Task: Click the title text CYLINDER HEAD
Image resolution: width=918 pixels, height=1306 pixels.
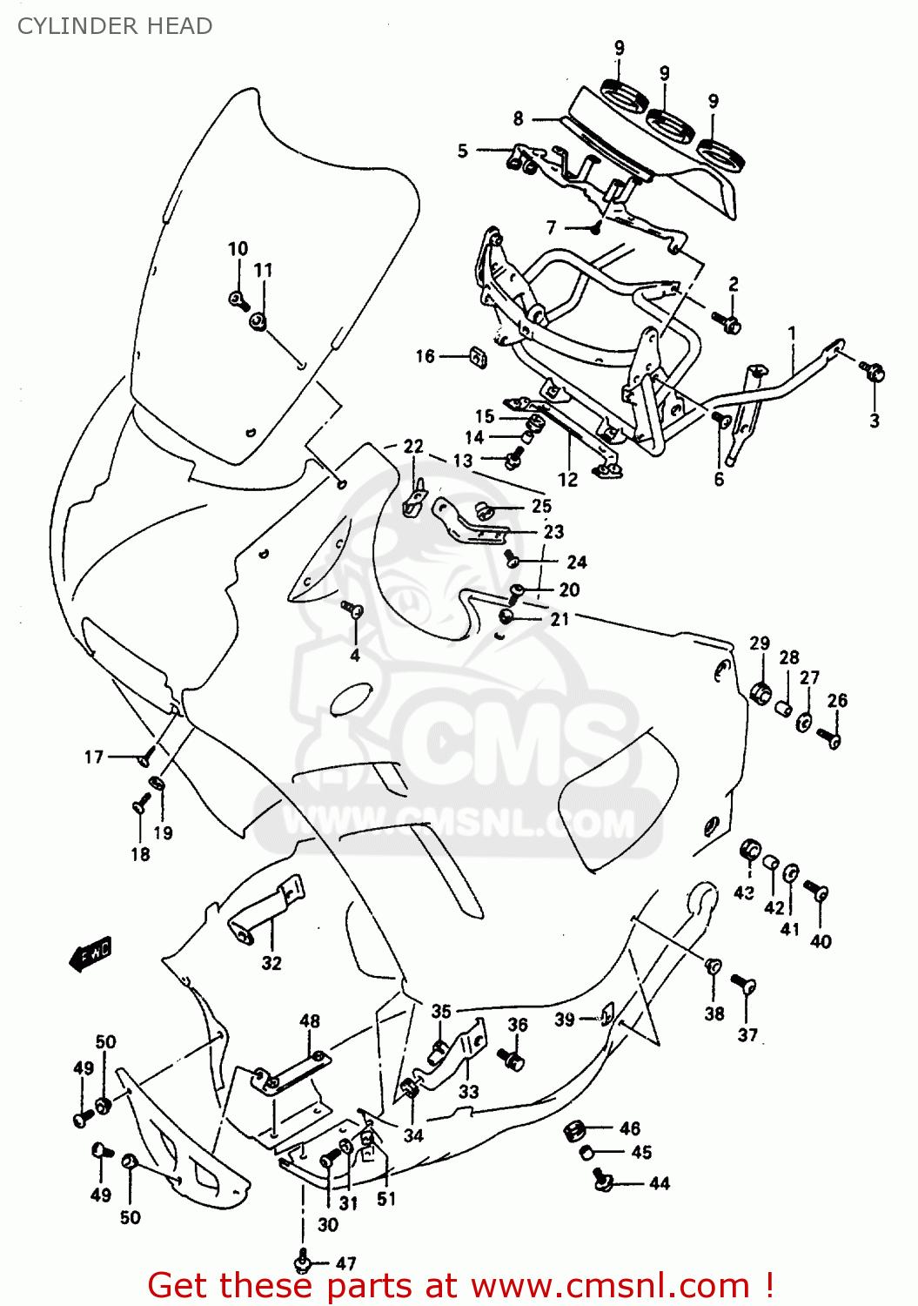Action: tap(115, 26)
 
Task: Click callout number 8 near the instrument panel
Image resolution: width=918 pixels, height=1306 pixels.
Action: tap(519, 118)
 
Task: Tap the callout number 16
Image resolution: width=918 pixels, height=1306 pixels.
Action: tap(425, 356)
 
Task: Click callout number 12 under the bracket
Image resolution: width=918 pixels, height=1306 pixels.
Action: tap(567, 480)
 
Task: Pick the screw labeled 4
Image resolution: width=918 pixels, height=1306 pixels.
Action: tap(352, 609)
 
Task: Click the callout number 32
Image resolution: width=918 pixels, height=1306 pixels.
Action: tap(271, 963)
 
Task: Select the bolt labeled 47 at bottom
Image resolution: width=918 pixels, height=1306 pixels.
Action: tap(304, 1259)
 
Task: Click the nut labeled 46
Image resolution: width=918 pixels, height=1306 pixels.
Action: tap(573, 1130)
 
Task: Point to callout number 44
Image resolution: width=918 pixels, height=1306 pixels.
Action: tap(660, 1183)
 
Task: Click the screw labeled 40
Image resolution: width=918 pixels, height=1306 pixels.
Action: tap(817, 892)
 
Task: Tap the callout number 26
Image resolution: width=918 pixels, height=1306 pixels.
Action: tap(837, 700)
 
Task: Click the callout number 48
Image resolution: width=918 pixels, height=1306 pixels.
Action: tap(310, 1020)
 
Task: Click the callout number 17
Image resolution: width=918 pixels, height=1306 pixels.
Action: tap(94, 757)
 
